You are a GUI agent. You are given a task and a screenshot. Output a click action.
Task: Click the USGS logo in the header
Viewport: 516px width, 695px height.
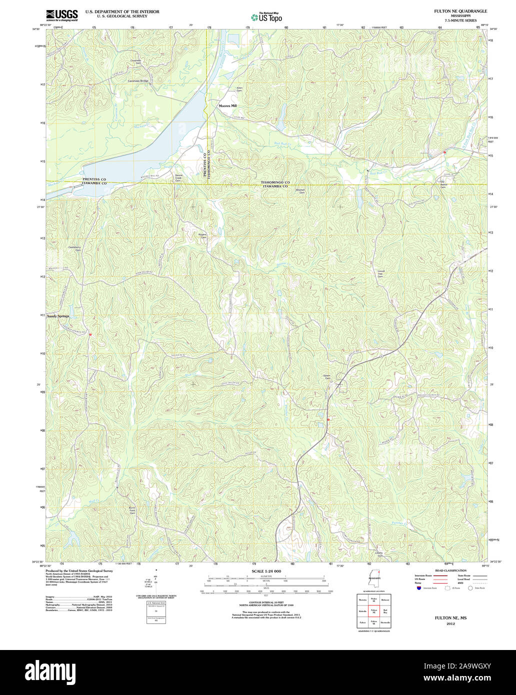point(61,15)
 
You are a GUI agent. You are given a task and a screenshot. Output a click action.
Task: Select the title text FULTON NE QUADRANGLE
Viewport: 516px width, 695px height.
point(460,11)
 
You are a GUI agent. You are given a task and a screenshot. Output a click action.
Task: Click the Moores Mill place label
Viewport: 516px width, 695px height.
point(227,106)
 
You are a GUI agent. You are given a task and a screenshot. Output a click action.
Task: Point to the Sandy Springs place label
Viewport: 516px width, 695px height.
point(58,316)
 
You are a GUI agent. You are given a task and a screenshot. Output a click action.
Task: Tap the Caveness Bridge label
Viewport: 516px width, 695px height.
point(138,81)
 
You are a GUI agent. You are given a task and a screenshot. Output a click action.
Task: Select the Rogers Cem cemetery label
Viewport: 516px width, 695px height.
point(202,236)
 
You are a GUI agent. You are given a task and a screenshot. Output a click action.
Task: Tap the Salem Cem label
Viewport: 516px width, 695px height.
point(327,378)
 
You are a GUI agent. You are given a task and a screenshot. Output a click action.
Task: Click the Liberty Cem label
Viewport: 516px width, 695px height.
point(379,554)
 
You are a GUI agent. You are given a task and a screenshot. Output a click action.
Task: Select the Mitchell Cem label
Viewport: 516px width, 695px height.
point(300,190)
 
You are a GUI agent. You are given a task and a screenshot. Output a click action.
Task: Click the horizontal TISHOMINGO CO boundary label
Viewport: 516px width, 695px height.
point(275,182)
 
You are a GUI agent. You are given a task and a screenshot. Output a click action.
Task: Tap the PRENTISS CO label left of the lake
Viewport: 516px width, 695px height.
point(94,179)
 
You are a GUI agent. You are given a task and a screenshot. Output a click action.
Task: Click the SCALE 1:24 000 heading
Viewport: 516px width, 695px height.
point(266,571)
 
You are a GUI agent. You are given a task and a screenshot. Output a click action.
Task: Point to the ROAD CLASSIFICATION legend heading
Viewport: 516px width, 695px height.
point(450,570)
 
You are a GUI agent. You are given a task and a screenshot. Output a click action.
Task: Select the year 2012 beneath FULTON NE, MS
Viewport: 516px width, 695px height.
point(451,624)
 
